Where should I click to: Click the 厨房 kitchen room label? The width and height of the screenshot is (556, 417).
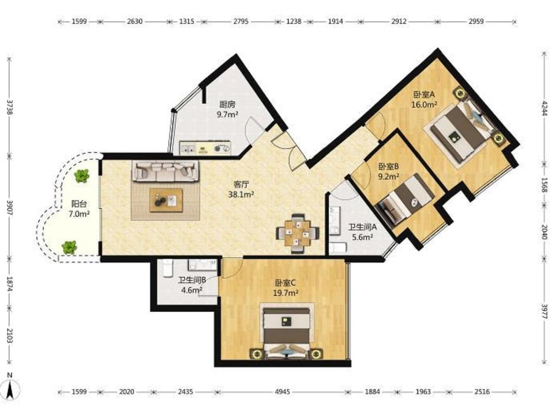[227, 105]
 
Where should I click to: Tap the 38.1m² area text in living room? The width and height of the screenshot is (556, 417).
[241, 194]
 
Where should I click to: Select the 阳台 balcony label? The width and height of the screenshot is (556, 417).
[79, 204]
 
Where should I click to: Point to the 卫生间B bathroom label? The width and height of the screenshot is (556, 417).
[192, 281]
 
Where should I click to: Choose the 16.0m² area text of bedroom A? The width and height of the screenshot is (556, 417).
[424, 105]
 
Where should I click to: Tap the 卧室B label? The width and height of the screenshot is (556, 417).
[388, 167]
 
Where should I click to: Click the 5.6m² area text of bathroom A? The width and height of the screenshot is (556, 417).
[362, 237]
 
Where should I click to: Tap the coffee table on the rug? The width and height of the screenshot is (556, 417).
[166, 200]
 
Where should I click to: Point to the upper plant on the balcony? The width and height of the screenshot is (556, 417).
[82, 175]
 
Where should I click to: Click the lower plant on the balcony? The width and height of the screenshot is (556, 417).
[69, 247]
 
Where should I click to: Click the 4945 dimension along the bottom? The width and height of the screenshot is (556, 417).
[283, 392]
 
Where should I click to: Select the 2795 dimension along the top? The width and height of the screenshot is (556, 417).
[241, 21]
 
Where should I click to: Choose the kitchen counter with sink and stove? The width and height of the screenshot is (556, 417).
[205, 148]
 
